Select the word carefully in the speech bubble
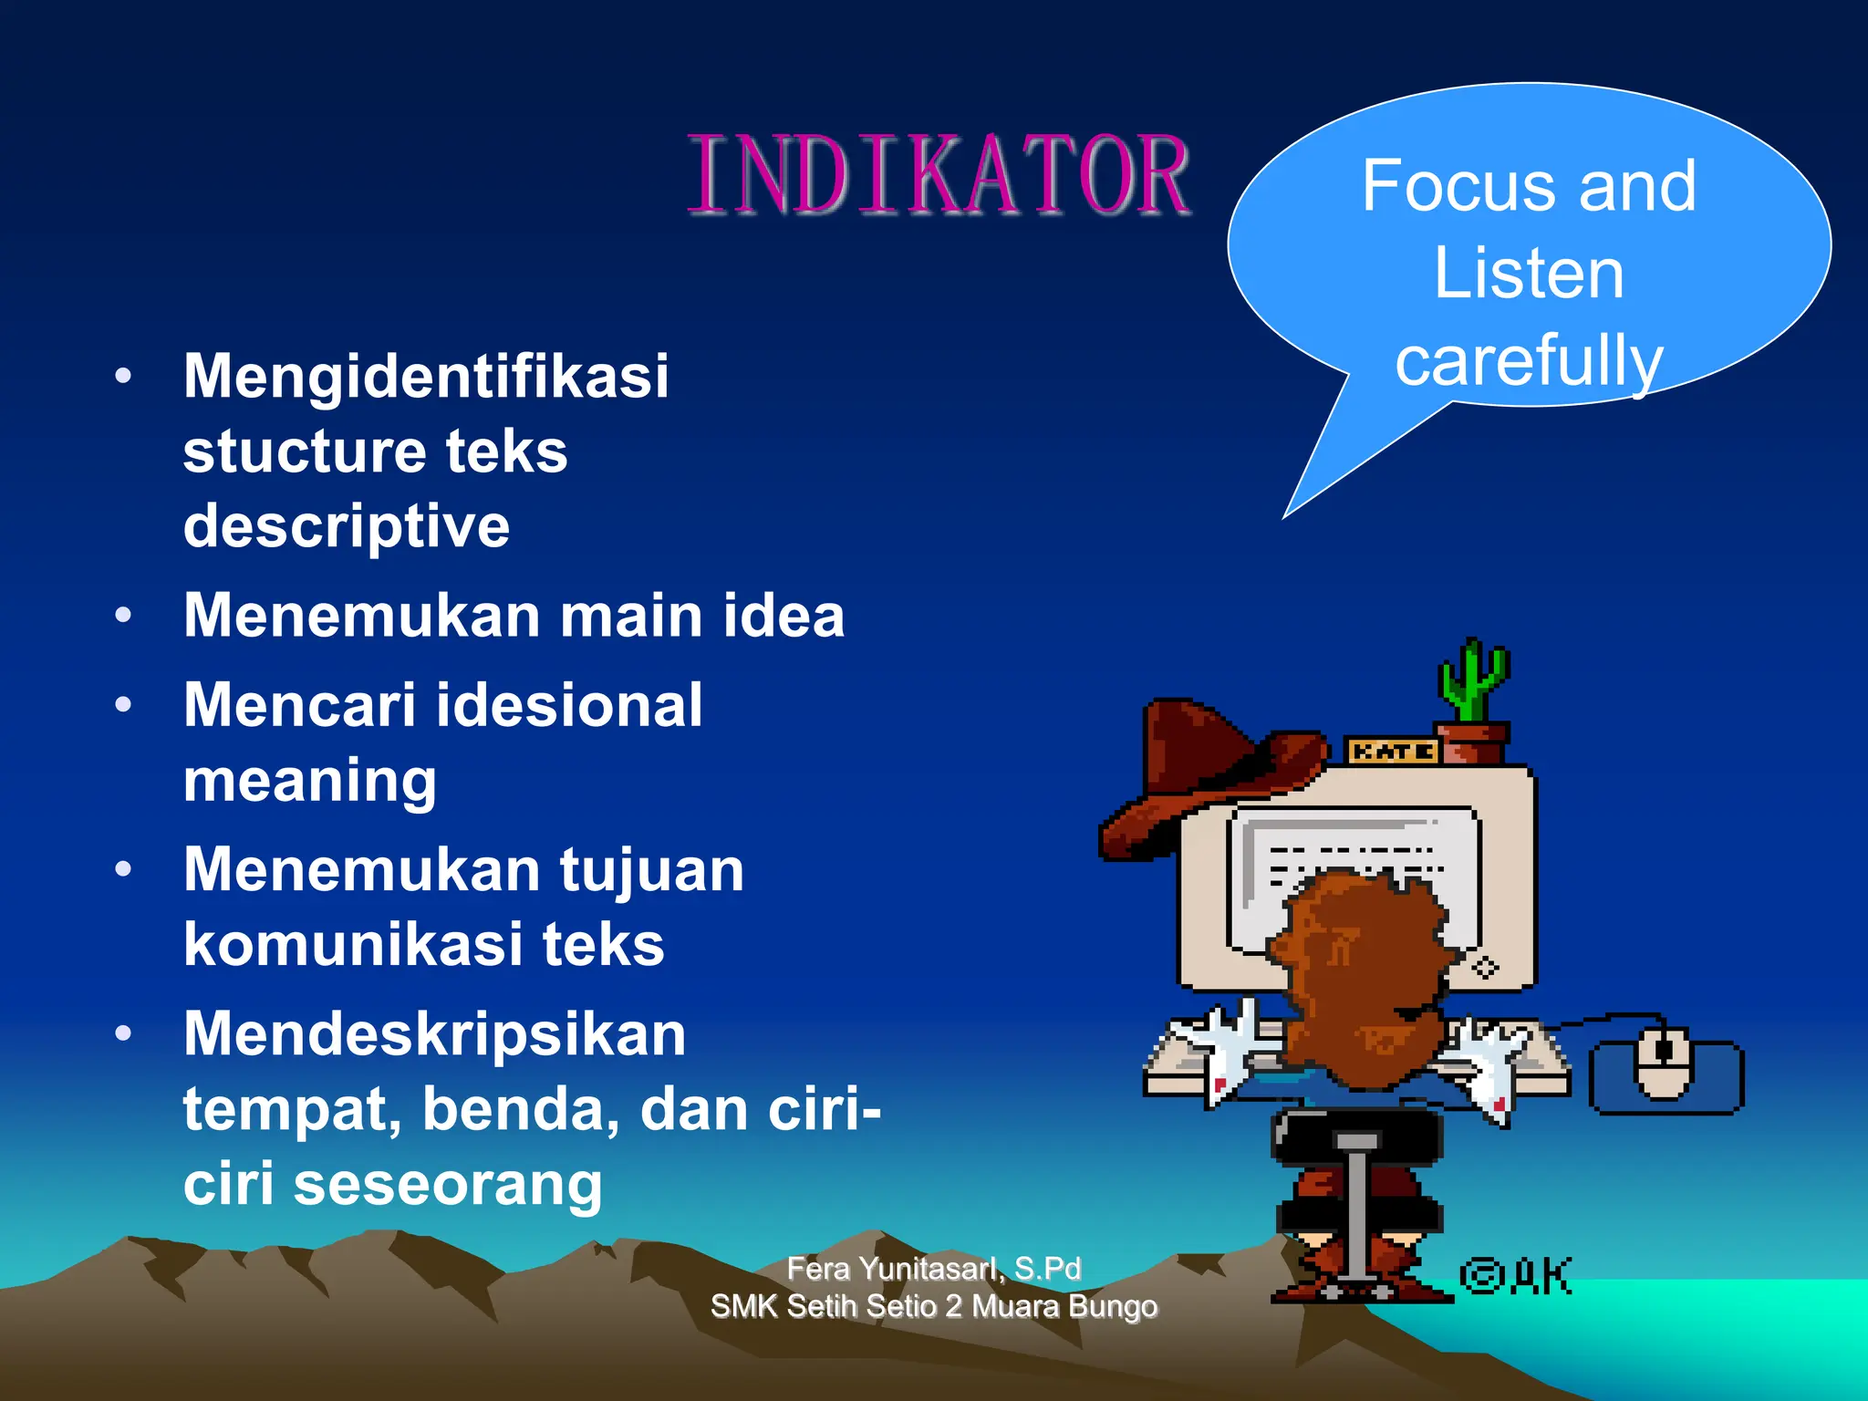pyautogui.click(x=1529, y=361)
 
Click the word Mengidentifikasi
pyautogui.click(x=426, y=376)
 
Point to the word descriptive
pyautogui.click(x=346, y=527)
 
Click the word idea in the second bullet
pyautogui.click(x=784, y=615)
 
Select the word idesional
pyautogui.click(x=568, y=705)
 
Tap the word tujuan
pyautogui.click(x=651, y=869)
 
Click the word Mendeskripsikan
pyautogui.click(x=434, y=1034)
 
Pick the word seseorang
pyautogui.click(x=448, y=1184)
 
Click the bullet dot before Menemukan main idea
pyautogui.click(x=124, y=615)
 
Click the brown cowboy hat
pyautogui.click(x=1204, y=775)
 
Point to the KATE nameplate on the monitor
pyautogui.click(x=1392, y=752)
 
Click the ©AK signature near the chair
pyautogui.click(x=1516, y=1275)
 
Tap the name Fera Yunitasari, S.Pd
pyautogui.click(x=933, y=1268)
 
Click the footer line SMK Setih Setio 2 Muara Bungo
pyautogui.click(x=933, y=1306)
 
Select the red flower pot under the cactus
pyautogui.click(x=1470, y=742)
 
